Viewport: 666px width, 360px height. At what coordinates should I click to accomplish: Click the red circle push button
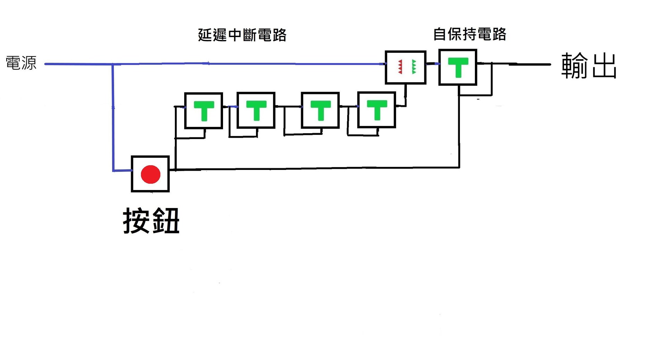point(150,174)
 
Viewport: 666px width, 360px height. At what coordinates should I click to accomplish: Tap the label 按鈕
point(151,221)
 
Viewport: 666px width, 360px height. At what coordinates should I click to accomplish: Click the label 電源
point(21,63)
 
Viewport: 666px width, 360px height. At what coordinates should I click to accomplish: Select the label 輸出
point(589,66)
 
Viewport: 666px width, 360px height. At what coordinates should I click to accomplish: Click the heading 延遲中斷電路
point(242,35)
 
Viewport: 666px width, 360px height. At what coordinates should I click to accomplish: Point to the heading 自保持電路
point(470,34)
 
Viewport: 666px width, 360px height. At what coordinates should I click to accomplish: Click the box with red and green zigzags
point(405,67)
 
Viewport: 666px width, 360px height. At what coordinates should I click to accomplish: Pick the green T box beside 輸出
point(458,67)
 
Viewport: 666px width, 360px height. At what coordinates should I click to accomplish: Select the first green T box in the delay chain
point(204,111)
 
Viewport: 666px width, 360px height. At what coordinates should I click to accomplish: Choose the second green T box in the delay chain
point(256,110)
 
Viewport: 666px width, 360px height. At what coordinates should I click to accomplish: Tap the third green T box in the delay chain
point(320,110)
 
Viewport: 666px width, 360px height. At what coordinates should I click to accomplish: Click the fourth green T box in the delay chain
point(376,110)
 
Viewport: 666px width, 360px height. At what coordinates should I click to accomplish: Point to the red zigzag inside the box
point(400,67)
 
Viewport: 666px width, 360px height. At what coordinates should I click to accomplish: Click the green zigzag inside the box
point(413,67)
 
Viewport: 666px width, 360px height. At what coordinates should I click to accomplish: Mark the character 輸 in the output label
point(574,66)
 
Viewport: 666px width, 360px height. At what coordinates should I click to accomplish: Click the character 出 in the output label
point(604,66)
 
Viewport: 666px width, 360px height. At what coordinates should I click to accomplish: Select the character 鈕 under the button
point(166,221)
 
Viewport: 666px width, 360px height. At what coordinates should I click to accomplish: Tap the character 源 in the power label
point(29,63)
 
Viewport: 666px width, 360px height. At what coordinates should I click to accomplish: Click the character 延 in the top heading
point(205,35)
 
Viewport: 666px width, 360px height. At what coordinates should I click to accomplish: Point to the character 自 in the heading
point(440,34)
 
